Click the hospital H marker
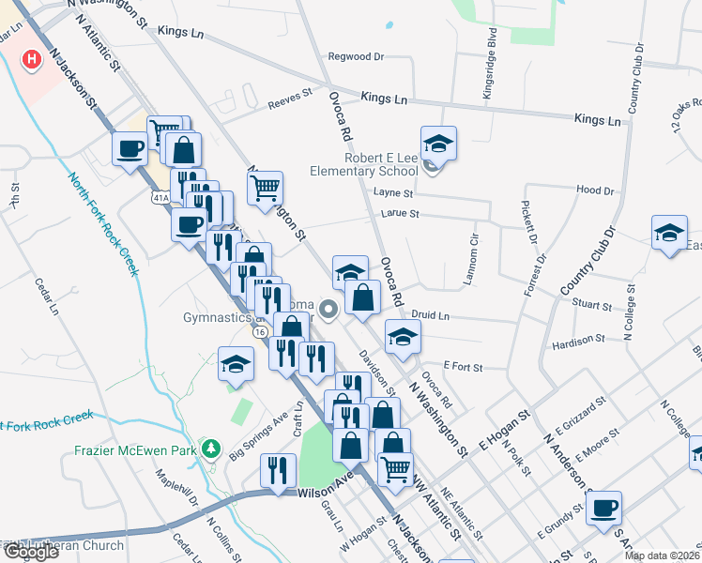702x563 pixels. tap(33, 59)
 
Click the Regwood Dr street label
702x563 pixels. tap(356, 56)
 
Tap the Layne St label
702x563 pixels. tap(393, 192)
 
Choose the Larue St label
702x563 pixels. tap(399, 214)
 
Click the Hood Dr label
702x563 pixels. tap(594, 190)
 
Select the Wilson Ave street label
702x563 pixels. tap(323, 492)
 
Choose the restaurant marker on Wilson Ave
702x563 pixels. tap(276, 469)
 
